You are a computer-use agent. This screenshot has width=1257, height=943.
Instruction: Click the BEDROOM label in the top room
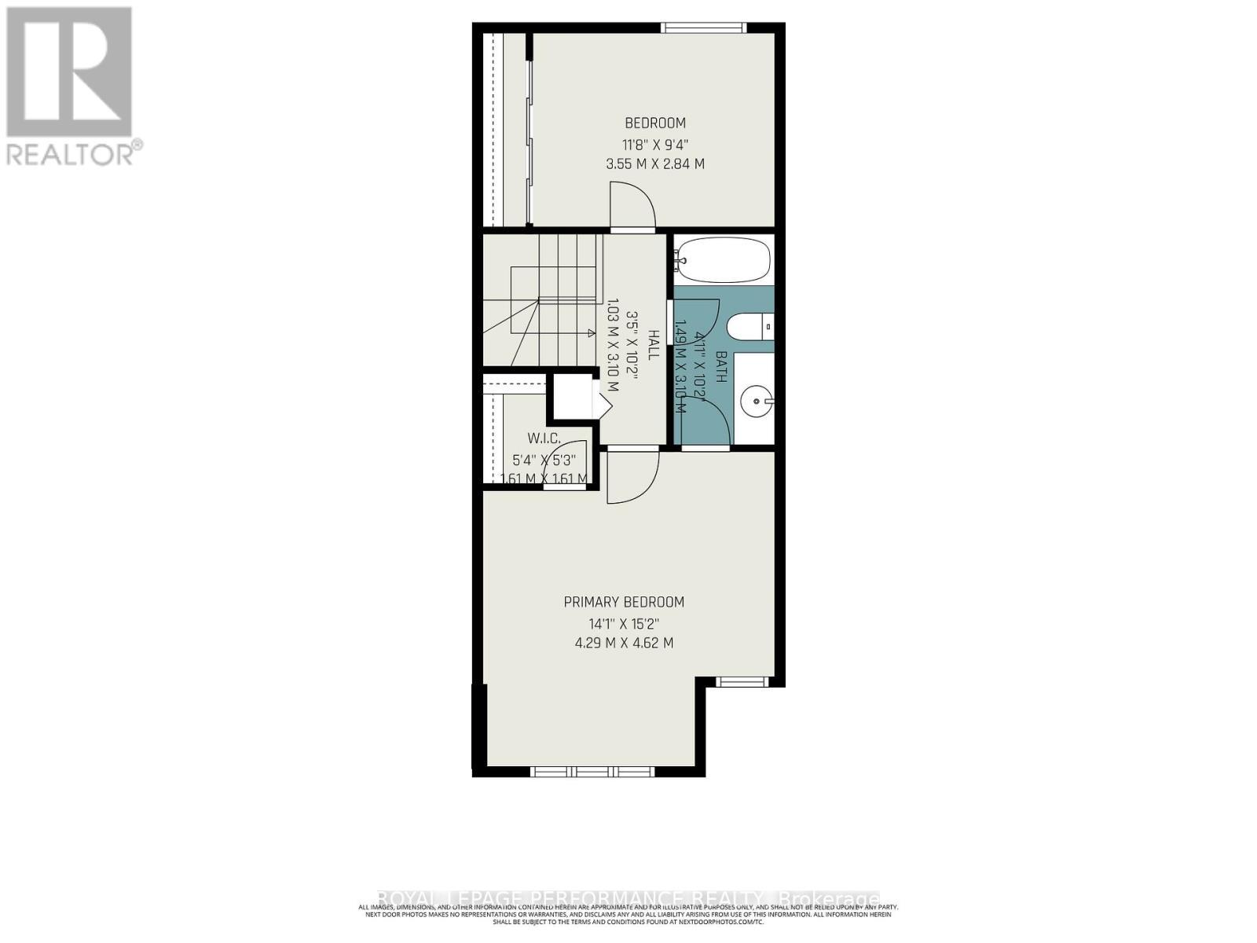tap(655, 123)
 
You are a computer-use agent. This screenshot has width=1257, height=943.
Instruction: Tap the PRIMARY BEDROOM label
tap(624, 602)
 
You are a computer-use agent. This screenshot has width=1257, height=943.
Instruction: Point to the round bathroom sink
tap(757, 402)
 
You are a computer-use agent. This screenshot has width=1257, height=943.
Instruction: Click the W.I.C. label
tap(544, 438)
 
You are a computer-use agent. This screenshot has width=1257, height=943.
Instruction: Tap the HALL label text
tap(651, 346)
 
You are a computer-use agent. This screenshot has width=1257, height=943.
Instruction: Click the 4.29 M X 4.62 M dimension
tap(624, 643)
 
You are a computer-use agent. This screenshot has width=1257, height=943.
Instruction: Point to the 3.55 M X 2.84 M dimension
tap(655, 164)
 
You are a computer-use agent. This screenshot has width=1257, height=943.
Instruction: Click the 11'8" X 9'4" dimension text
tap(655, 145)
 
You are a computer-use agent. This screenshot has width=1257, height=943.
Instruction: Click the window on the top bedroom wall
tap(703, 28)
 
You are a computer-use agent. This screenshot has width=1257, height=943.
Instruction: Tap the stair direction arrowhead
tap(591, 333)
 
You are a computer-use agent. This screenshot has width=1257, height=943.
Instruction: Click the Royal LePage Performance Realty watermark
tap(628, 899)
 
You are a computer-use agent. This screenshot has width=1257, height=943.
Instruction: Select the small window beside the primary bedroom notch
tap(742, 682)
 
